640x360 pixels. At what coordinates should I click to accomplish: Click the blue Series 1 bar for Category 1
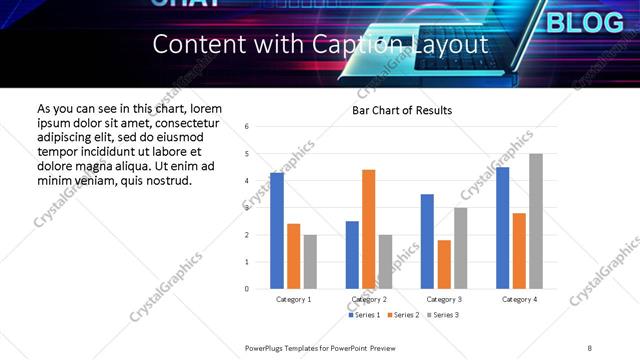[277, 231]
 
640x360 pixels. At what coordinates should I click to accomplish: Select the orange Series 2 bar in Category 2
[368, 229]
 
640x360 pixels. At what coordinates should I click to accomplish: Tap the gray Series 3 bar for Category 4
[536, 221]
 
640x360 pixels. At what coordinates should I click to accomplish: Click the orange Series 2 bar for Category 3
[444, 264]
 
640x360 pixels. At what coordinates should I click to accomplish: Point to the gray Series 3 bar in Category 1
[310, 262]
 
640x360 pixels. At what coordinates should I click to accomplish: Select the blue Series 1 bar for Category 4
[502, 228]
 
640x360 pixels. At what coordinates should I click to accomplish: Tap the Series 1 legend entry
[365, 315]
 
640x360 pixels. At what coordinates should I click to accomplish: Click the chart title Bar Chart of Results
[402, 110]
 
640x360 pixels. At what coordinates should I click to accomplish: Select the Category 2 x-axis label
[369, 300]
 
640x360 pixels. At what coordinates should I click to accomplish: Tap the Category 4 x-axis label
[519, 300]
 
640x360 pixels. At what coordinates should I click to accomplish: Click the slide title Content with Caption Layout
[320, 45]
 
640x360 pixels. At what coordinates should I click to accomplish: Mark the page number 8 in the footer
[590, 347]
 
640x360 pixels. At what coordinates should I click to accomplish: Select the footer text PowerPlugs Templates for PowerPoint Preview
[321, 347]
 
